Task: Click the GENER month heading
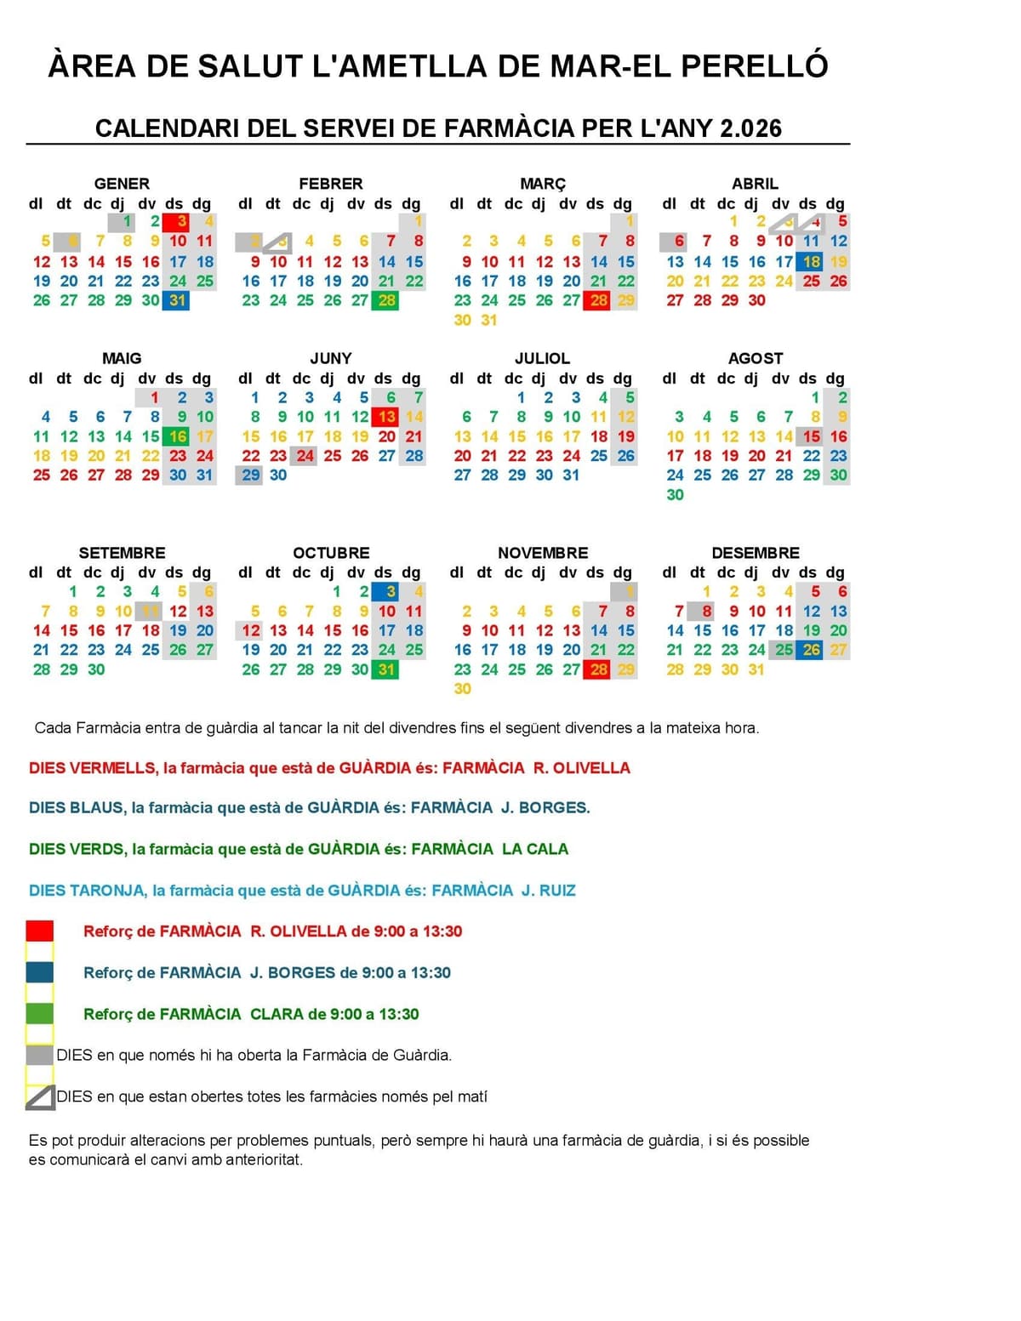click(122, 184)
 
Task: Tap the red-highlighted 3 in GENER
click(177, 222)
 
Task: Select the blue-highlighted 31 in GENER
click(177, 300)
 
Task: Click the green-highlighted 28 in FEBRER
click(386, 300)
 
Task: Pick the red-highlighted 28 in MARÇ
click(598, 300)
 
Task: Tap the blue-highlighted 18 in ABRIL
click(811, 262)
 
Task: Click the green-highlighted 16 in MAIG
click(177, 436)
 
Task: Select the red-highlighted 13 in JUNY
click(386, 417)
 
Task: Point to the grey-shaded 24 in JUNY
click(305, 456)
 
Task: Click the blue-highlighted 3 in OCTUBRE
click(386, 592)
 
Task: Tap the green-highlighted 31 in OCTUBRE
click(386, 669)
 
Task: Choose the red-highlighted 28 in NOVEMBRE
click(598, 669)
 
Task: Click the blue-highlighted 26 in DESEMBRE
click(811, 650)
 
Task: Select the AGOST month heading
click(755, 359)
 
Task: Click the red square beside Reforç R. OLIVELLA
click(40, 931)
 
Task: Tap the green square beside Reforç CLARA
click(40, 1014)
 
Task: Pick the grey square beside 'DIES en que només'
click(40, 1056)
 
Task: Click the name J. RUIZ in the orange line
click(548, 891)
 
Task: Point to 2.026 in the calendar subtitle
click(750, 128)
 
